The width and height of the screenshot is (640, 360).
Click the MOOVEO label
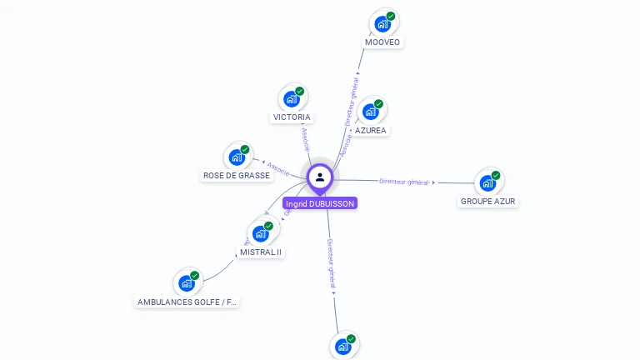[x=382, y=42]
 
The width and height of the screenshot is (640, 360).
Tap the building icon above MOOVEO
[x=382, y=23]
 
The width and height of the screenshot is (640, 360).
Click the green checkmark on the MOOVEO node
[x=391, y=16]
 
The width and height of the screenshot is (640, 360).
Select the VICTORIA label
[x=292, y=117]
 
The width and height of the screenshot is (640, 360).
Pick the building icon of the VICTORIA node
[x=291, y=99]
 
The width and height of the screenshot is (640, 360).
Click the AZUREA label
[x=371, y=130]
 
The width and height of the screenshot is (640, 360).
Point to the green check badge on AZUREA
[x=379, y=104]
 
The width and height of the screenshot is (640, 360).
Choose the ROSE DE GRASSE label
[x=237, y=176]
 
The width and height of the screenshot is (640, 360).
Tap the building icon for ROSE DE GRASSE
[x=237, y=157]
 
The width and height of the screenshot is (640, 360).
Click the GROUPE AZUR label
[x=488, y=202]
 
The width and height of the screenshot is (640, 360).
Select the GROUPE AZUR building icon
[x=487, y=182]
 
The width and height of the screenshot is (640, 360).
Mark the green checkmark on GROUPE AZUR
[x=497, y=175]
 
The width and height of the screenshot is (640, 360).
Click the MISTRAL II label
[x=261, y=252]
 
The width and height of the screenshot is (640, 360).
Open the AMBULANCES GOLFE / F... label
[x=187, y=302]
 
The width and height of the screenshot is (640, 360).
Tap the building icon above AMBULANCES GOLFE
[x=187, y=283]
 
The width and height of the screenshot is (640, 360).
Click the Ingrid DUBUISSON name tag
[x=320, y=203]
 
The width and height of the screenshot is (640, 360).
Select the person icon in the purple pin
[x=320, y=177]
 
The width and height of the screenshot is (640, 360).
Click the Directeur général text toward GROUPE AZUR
[x=403, y=181]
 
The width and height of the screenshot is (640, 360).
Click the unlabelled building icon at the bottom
[x=342, y=347]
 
